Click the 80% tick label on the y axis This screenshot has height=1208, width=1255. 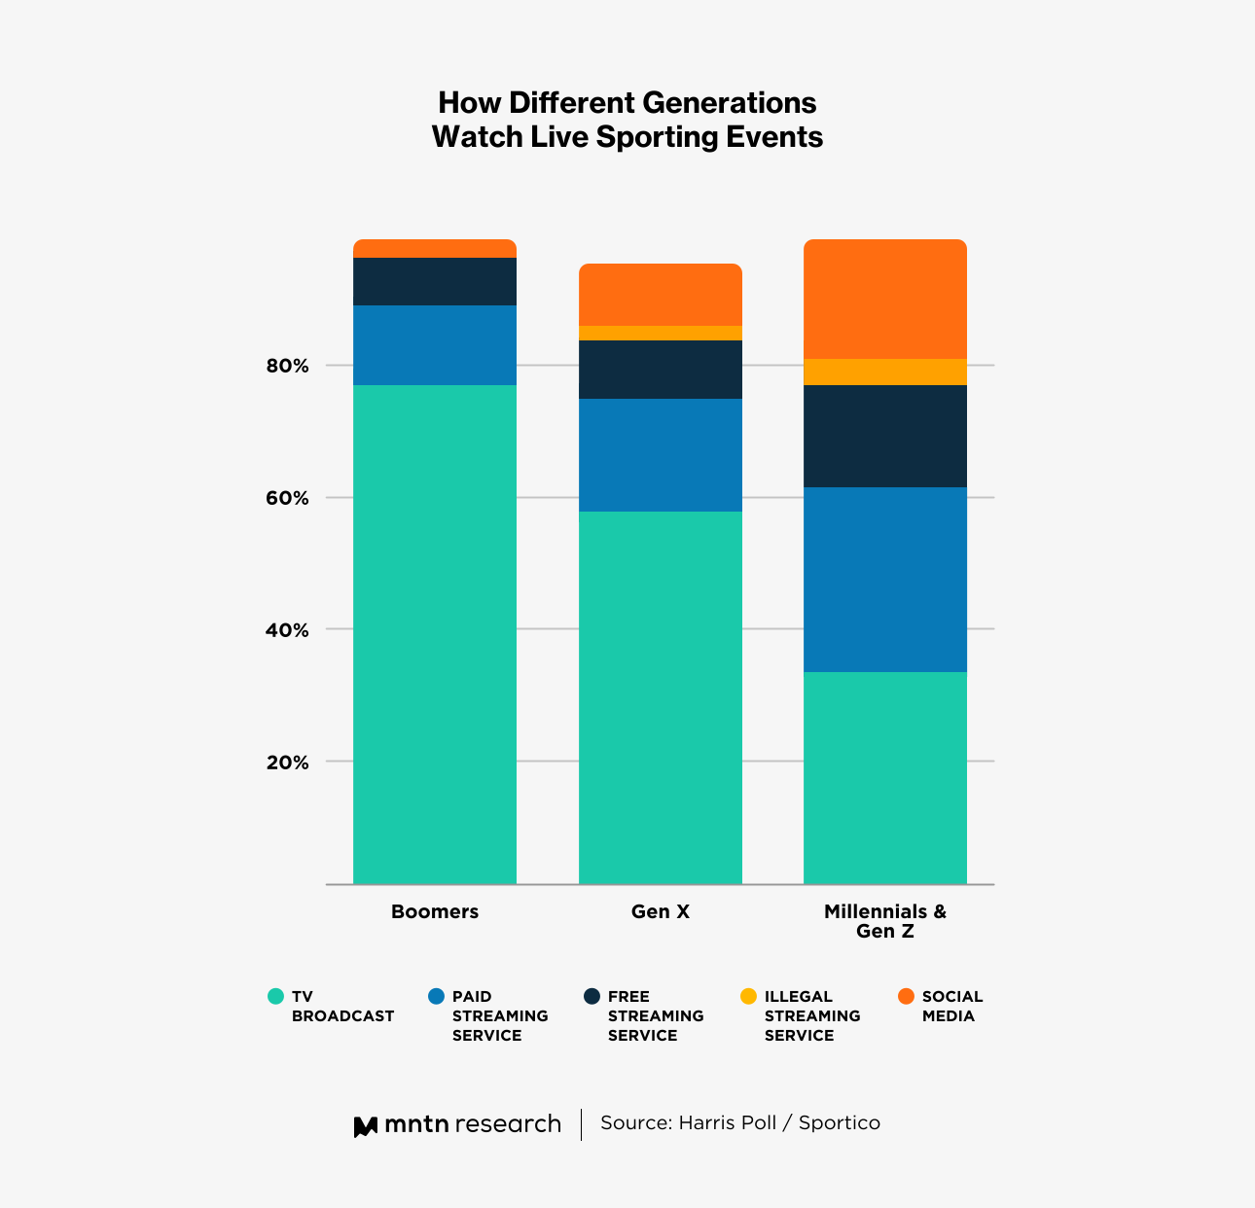pos(287,367)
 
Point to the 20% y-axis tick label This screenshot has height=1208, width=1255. pos(287,763)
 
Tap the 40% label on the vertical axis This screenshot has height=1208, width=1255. pos(287,630)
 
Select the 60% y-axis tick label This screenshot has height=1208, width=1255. pos(287,498)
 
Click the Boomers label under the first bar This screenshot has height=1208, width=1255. pos(435,912)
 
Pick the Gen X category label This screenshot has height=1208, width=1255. pos(661,912)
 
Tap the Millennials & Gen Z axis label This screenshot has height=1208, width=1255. pos(885,921)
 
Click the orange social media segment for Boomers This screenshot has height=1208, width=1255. pos(435,249)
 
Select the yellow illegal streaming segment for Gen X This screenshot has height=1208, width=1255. pos(661,333)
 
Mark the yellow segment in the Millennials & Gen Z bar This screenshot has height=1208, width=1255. pos(885,373)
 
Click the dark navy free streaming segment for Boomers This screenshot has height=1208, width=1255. pos(435,282)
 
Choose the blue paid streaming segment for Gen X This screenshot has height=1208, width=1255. pos(661,455)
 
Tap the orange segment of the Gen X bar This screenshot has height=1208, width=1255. pos(661,295)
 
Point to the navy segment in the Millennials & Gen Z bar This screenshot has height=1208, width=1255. pos(885,437)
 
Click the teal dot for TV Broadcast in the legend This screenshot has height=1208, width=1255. pos(275,997)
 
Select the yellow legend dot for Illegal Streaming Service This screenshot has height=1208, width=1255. pos(748,997)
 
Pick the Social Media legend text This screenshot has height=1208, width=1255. pos(951,1007)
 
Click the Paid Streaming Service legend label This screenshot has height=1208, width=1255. pos(500,1016)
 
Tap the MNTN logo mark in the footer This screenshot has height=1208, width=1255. pos(365,1126)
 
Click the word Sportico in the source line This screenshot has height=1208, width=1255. pos(839,1123)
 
